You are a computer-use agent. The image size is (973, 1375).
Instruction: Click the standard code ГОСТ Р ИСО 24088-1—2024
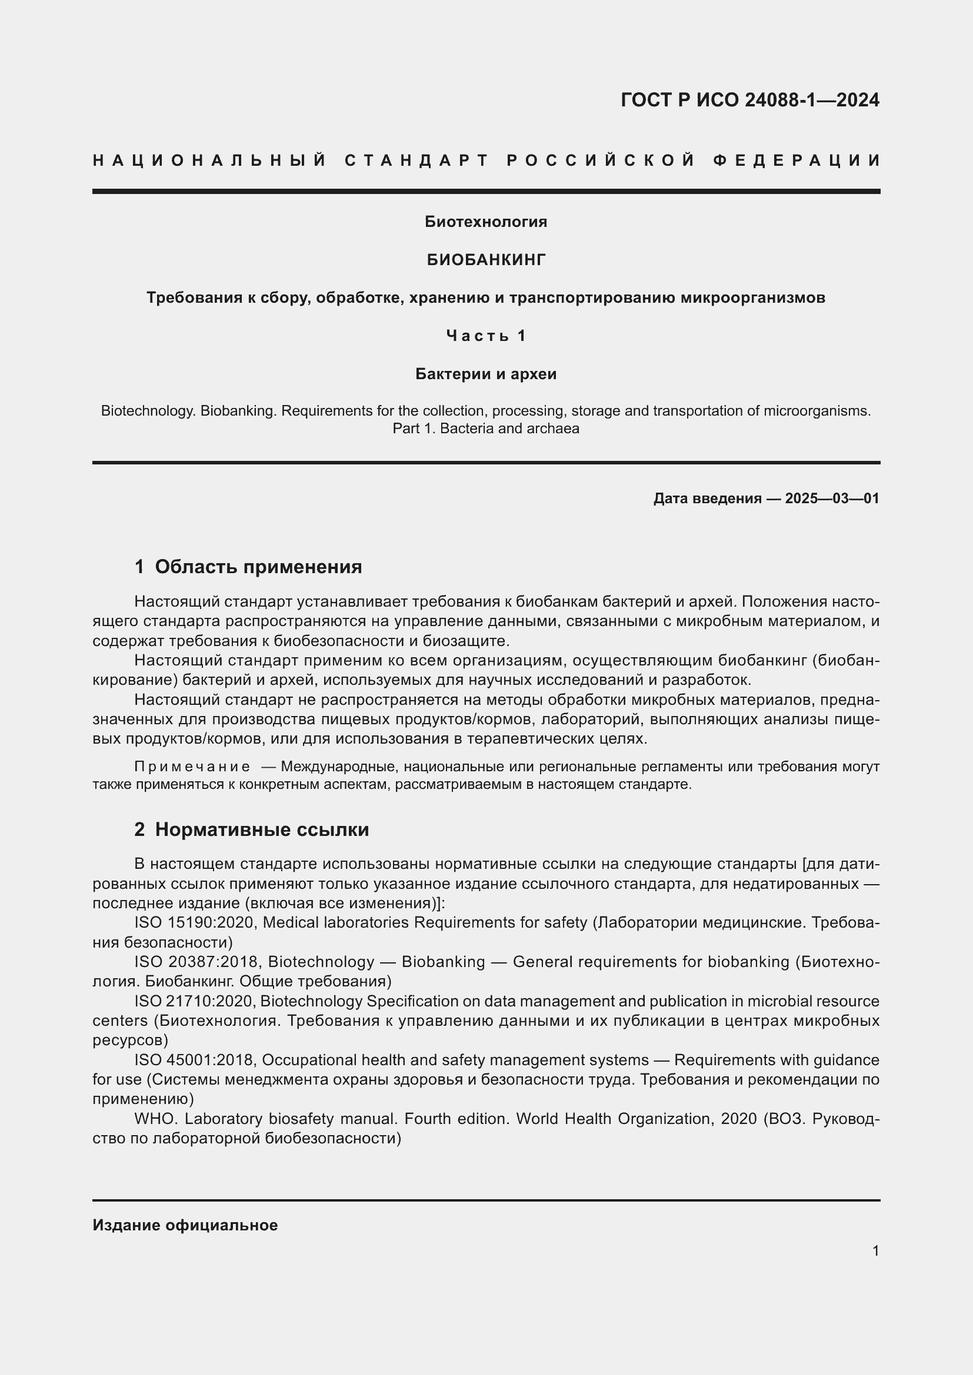tap(749, 99)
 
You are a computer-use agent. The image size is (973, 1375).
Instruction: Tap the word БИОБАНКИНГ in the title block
tap(486, 260)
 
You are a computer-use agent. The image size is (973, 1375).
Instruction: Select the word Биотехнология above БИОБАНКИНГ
tap(486, 222)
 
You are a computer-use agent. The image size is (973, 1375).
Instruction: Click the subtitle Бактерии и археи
tap(486, 374)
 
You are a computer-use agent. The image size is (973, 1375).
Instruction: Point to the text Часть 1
tap(486, 336)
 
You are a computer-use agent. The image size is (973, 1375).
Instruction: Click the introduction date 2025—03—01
tap(832, 499)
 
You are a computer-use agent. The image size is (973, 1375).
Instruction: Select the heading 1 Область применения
tap(248, 567)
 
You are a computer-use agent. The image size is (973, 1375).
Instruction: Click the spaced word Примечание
tap(192, 767)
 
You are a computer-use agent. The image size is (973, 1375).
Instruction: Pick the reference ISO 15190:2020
tap(195, 923)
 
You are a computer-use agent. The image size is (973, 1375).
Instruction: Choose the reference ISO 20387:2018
tap(198, 962)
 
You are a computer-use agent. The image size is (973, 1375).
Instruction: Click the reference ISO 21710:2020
tap(195, 1001)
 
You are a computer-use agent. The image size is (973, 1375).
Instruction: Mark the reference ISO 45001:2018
tap(195, 1060)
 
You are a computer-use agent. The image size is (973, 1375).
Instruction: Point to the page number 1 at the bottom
tap(875, 1251)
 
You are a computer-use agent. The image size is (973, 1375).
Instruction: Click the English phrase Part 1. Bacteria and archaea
tap(486, 429)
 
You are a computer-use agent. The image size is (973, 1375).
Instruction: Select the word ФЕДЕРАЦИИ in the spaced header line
tap(797, 160)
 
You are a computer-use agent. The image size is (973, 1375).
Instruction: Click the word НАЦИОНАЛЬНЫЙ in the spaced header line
tap(209, 160)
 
